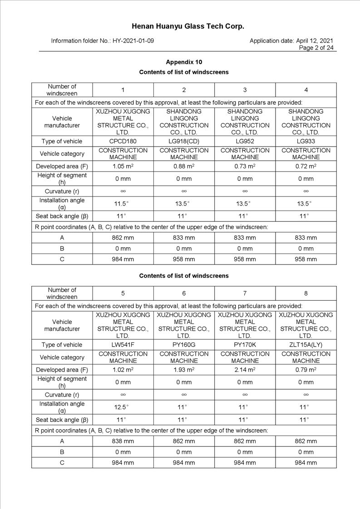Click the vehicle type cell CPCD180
point(123,141)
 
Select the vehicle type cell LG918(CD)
point(184,141)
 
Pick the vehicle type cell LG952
point(245,141)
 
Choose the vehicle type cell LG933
point(306,141)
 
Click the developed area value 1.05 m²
point(123,166)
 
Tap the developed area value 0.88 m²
point(184,166)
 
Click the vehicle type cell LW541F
point(123,345)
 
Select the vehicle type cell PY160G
point(184,345)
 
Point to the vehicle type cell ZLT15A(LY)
point(306,345)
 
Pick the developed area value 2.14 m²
point(245,370)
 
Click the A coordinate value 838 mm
point(123,441)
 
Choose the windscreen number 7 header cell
point(245,293)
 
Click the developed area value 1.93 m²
point(184,370)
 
